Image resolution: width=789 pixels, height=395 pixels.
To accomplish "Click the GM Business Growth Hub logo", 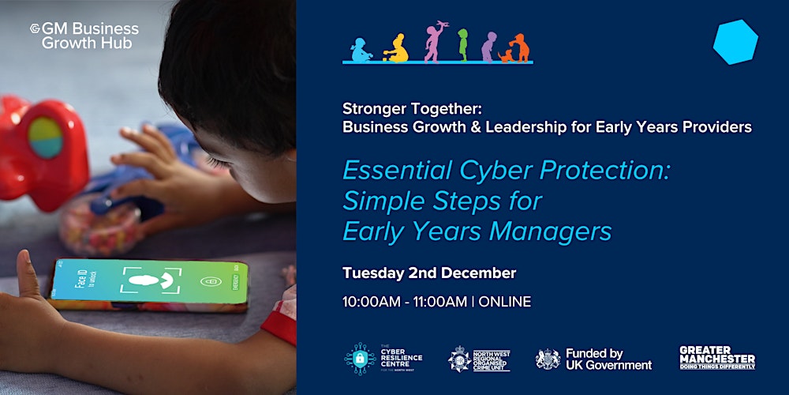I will click(84, 36).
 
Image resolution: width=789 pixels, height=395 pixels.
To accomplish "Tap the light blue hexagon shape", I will click(735, 42).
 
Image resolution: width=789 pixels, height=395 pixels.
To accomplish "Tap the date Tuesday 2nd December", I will click(429, 273).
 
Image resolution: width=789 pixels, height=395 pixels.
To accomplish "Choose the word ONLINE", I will click(505, 301).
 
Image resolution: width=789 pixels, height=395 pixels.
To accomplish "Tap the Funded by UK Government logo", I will click(594, 359).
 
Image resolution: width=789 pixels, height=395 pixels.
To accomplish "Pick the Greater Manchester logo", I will click(717, 357).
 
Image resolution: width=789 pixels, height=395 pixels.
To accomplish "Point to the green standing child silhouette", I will click(463, 45).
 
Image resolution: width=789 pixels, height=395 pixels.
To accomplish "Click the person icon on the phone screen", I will click(150, 282).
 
